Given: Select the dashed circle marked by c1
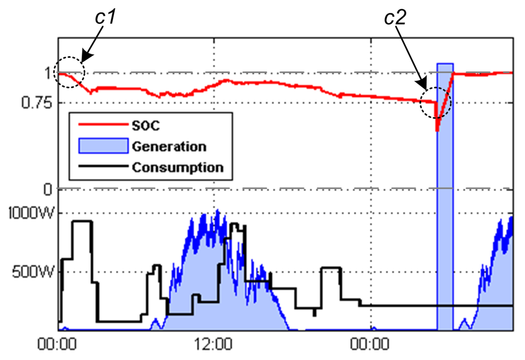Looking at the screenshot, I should (70, 72).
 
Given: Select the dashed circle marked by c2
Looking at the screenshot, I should (435, 103).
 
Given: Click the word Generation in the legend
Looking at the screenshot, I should (169, 146).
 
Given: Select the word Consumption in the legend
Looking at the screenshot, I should (177, 167).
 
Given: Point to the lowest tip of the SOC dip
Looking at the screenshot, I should (437, 131).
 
